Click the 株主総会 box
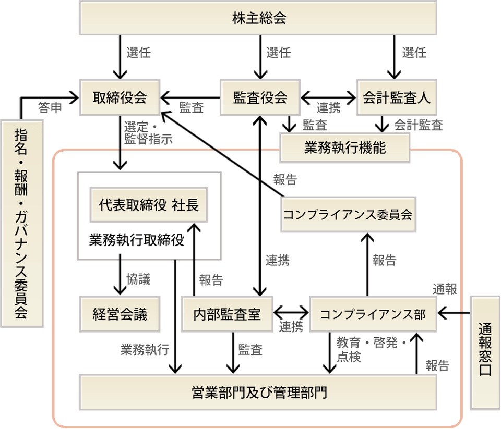point(259,19)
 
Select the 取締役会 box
point(120,97)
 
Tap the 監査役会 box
point(260,97)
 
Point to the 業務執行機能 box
point(345,148)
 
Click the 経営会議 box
point(120,314)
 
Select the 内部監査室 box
point(226,314)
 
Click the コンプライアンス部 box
point(373,314)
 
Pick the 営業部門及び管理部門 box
point(258,392)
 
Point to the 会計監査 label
point(418,125)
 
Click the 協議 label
point(138,279)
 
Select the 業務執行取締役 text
point(137,240)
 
